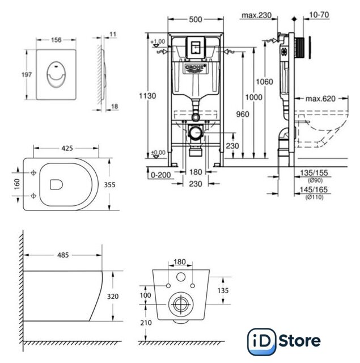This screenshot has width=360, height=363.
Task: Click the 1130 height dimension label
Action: pos(147,96)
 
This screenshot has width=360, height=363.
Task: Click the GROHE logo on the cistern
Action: pos(194,69)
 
